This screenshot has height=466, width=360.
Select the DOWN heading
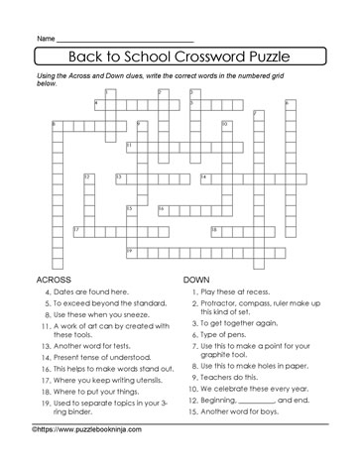198,280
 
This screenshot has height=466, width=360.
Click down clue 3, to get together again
253,326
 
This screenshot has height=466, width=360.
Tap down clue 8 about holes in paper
260,371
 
